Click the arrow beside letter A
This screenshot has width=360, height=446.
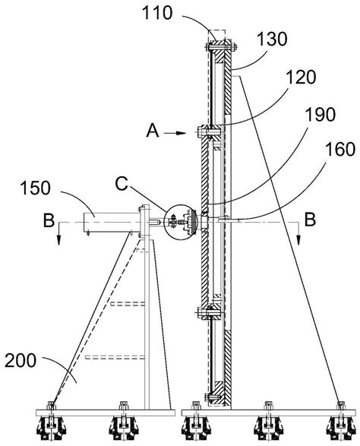click(177, 132)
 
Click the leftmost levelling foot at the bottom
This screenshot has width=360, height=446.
click(52, 428)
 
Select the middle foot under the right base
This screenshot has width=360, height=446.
click(268, 428)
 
